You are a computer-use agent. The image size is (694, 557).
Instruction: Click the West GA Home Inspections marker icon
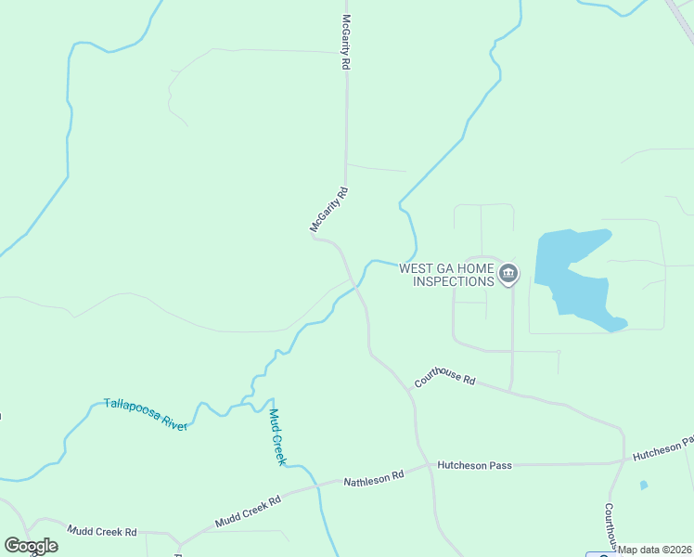tap(508, 274)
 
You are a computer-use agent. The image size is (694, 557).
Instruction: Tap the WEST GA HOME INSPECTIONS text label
tap(446, 275)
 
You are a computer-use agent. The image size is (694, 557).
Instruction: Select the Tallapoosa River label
tap(146, 414)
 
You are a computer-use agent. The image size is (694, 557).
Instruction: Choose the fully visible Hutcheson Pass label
tap(476, 465)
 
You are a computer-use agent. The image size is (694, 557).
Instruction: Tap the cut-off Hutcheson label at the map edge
tap(662, 454)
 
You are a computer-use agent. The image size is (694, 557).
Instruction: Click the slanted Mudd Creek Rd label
tap(248, 512)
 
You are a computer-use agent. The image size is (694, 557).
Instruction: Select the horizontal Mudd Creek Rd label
tap(102, 531)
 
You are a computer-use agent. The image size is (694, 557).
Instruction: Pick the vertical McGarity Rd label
tap(345, 43)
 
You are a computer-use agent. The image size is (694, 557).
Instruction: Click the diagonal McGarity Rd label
tap(328, 209)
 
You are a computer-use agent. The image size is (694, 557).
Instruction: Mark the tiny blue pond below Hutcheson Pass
tap(644, 485)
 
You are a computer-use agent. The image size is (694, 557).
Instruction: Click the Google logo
tap(31, 546)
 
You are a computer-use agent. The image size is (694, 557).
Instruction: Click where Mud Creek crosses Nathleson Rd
tap(318, 485)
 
